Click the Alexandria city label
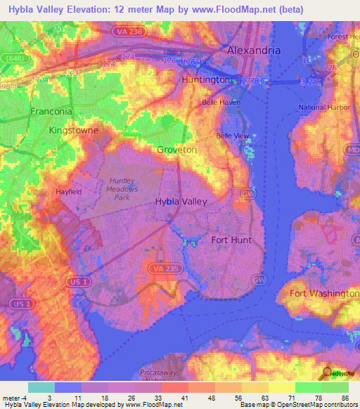tap(253, 51)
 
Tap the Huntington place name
tap(205, 80)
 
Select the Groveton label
tap(176, 150)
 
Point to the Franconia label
tap(51, 111)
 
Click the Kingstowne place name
tap(73, 131)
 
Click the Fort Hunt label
tap(231, 240)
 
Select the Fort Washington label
tap(324, 293)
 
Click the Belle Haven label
tap(221, 102)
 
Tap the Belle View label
tap(232, 136)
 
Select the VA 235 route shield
tap(160, 268)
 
